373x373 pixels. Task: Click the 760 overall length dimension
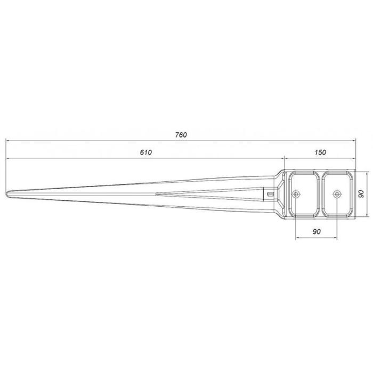181,135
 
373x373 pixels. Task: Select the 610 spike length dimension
145,152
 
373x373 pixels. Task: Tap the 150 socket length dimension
320,152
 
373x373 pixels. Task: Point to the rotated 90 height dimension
361,194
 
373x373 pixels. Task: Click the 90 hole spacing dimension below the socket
317,231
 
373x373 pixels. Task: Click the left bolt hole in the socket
296,194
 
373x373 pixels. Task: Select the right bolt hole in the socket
336,194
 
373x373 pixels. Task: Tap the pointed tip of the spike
6,194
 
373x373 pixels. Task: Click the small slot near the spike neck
270,194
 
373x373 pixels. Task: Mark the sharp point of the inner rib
156,194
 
